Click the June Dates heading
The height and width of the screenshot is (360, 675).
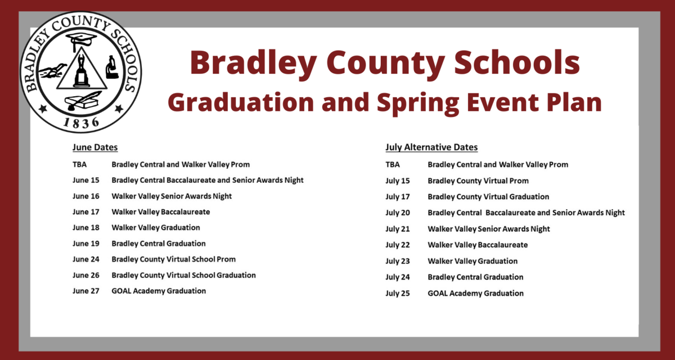[95, 147]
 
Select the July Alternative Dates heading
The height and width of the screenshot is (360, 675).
[431, 147]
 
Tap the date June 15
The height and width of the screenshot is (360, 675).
[86, 180]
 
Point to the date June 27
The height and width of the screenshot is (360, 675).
[86, 291]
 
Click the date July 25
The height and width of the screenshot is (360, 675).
[398, 294]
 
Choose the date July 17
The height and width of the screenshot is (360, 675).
[398, 197]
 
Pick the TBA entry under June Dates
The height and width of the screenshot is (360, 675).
[79, 164]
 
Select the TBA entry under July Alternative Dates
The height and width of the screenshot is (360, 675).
[393, 164]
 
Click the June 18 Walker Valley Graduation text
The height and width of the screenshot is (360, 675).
[156, 227]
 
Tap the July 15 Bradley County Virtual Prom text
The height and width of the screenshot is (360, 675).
[478, 181]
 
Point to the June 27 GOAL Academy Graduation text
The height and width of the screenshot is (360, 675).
[159, 291]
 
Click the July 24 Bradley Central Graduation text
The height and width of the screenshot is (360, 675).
[475, 277]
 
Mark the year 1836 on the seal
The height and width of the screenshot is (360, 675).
[81, 123]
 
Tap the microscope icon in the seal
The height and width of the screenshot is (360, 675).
[112, 67]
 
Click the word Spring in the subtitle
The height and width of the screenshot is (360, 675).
[418, 103]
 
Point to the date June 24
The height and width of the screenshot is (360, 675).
[86, 259]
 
